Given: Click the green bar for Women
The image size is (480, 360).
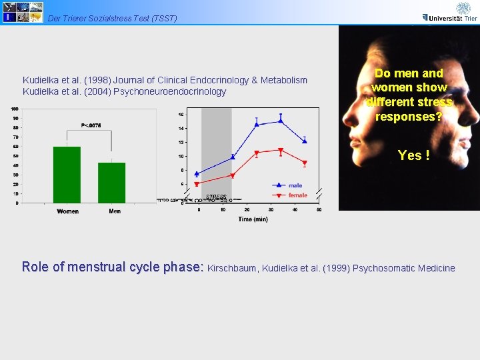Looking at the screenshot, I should coord(67,175).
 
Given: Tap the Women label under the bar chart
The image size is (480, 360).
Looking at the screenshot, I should coord(67,211).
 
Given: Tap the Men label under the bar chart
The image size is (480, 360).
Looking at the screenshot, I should coord(114,211).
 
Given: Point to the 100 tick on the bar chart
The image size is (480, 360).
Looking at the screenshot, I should coord(15,109).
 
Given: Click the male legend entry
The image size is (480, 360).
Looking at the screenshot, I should coord(294,185).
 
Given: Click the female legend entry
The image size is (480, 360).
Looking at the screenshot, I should coord(297,195).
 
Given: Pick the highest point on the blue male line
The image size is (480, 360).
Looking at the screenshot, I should coord(281,121).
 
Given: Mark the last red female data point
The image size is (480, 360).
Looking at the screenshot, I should coord(305,163).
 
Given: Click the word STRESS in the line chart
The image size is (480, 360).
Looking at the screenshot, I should coord(216,197).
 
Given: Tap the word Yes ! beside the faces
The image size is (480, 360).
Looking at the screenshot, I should coord(413,155).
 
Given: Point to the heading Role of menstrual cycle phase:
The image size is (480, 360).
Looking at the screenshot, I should coord(112,267).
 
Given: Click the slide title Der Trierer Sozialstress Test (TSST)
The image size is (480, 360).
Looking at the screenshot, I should coord(113,18).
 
